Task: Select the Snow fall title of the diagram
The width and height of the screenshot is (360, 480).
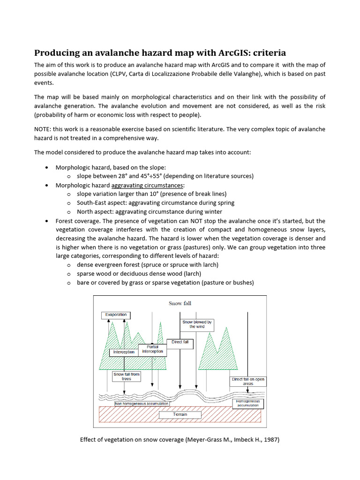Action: [x=180, y=303]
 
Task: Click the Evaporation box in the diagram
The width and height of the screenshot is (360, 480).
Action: [x=116, y=315]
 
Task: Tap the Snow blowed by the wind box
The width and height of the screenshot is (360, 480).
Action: [x=197, y=324]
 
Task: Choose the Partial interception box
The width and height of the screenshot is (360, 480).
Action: [x=152, y=349]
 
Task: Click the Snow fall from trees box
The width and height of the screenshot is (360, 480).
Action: [x=127, y=376]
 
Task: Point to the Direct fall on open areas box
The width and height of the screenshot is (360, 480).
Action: [x=248, y=381]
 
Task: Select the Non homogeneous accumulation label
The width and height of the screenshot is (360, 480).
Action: [x=142, y=403]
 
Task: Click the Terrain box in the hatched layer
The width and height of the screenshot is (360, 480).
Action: [x=180, y=414]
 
